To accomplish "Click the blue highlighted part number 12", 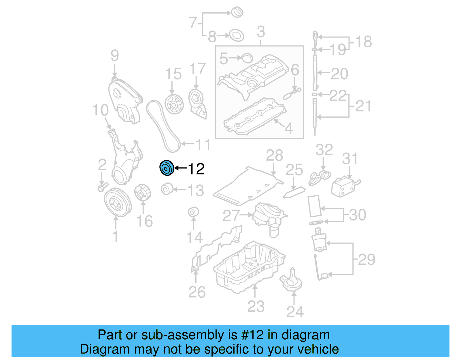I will coord(167,168).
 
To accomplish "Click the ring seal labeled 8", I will coord(237,35).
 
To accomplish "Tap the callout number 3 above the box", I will coord(260,32).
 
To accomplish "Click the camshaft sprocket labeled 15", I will coord(174,104).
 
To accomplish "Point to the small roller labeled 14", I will coord(193,212).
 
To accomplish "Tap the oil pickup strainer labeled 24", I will coord(291,281).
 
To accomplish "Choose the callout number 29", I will coord(366,259).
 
